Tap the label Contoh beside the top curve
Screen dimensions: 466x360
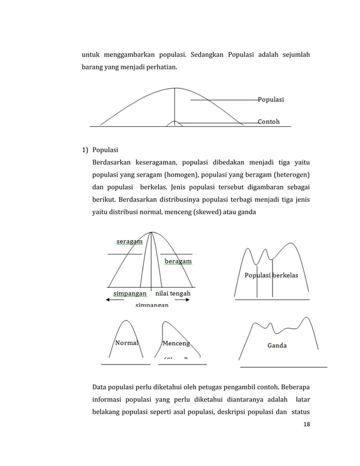point(269,121)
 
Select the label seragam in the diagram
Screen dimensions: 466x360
point(129,241)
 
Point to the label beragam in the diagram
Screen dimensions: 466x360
point(178,261)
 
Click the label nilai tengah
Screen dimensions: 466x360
point(173,293)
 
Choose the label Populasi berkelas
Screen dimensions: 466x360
point(271,275)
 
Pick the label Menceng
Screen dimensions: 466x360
point(175,343)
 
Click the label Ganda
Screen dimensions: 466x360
point(276,345)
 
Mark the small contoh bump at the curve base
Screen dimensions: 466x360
point(175,123)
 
